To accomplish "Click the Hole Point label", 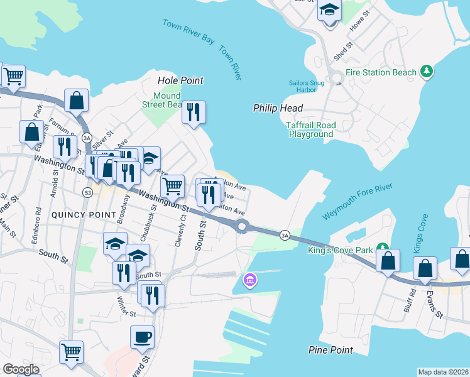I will tap(180, 80).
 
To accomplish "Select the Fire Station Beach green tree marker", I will tap(427, 72).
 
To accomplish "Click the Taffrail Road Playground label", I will tap(311, 129).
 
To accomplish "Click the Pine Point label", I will tap(329, 349).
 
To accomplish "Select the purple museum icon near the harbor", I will tap(249, 279).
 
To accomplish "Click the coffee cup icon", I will tap(142, 336).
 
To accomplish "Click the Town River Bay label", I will tap(188, 31).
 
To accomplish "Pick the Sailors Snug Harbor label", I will tap(306, 85).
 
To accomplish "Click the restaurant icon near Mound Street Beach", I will tap(194, 112).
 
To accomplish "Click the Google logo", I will tap(21, 369).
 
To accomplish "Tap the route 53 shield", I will tap(87, 192).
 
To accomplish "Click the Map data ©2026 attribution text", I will tap(443, 371).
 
